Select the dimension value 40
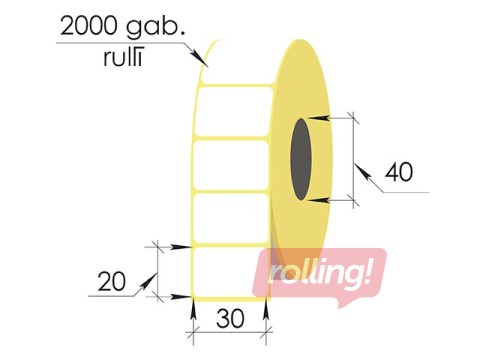398,171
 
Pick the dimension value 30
229,320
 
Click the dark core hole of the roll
301,160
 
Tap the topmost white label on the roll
232,110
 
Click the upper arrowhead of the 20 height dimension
184,245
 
